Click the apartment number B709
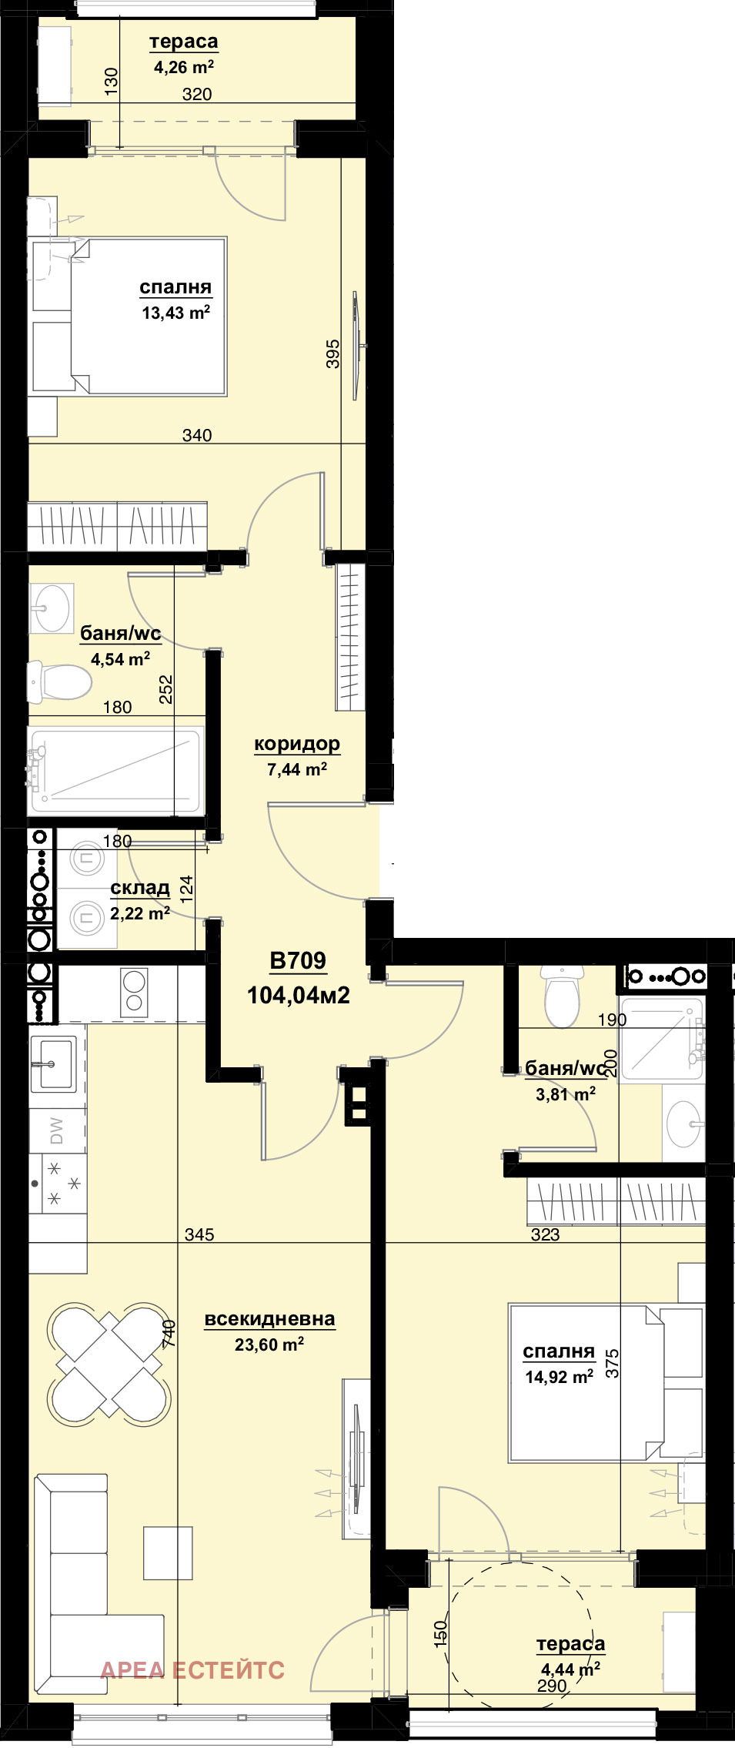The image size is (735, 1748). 298,960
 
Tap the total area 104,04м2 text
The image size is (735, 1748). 299,995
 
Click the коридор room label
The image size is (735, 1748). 297,744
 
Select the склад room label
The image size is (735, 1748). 140,888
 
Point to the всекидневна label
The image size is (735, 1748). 269,1319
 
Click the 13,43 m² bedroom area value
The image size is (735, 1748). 176,312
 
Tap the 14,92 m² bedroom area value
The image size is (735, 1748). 560,1376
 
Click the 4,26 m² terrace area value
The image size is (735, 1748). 184,67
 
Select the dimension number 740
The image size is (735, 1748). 169,1334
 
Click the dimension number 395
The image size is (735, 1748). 332,353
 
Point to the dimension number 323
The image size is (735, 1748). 545,1234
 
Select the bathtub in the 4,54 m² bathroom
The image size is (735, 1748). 115,771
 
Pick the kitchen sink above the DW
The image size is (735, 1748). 54,1063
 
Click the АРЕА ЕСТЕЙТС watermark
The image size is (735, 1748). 192,1669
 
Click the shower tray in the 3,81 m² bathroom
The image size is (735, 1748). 663,1040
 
